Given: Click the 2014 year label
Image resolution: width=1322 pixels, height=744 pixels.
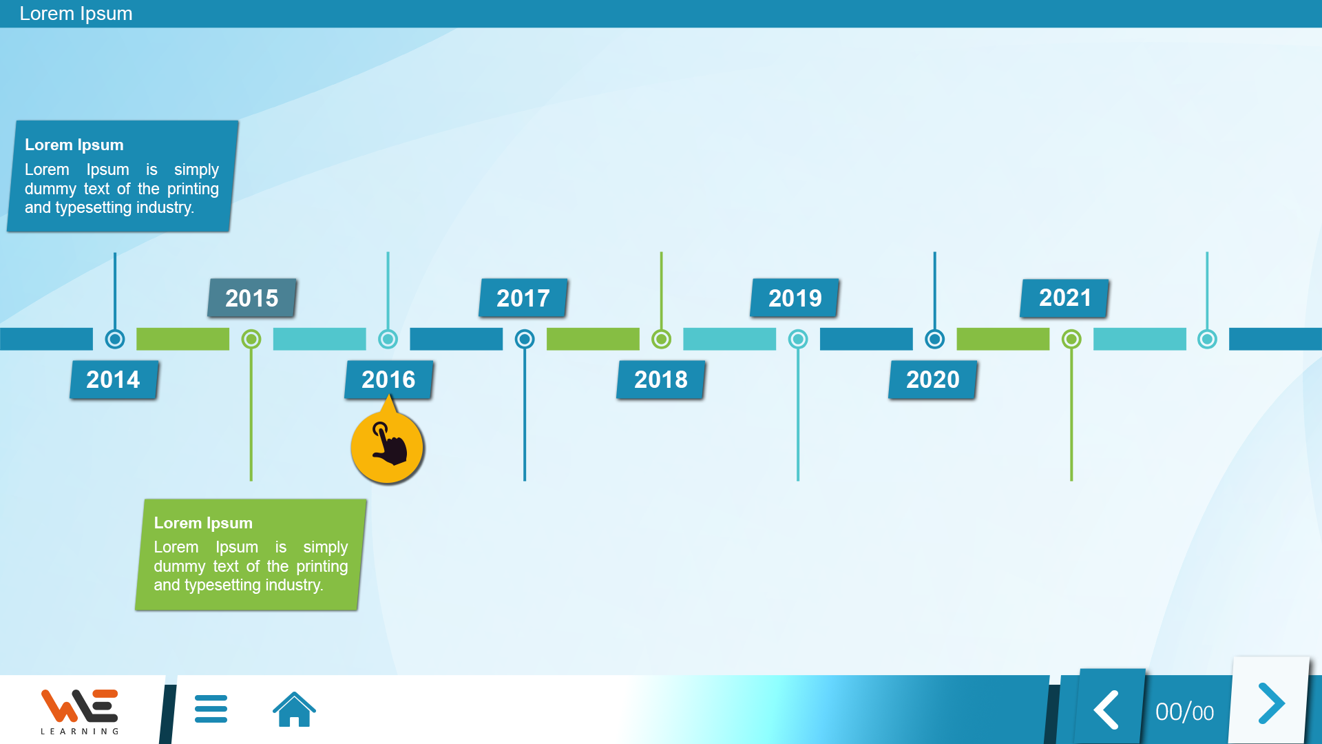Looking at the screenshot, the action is click(x=114, y=380).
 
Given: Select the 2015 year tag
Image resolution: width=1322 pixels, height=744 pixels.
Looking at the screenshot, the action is click(x=252, y=298).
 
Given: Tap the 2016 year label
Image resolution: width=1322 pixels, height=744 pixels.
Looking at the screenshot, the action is click(x=389, y=380).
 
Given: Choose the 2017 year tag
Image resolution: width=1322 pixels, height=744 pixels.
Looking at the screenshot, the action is click(x=523, y=298).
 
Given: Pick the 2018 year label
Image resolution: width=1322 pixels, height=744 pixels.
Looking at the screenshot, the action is click(x=661, y=380).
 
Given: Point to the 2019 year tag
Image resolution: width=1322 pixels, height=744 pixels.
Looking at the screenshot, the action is click(x=795, y=298).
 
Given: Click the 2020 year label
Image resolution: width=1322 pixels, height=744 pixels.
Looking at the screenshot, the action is click(x=933, y=380).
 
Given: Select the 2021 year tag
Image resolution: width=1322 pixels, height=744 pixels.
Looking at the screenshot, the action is click(x=1064, y=298).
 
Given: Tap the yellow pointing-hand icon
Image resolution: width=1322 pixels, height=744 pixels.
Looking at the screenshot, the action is click(x=388, y=446).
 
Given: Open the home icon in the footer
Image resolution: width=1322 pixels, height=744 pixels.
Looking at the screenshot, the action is click(x=294, y=709).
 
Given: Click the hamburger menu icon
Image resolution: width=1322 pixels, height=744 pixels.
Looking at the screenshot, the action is click(x=211, y=709).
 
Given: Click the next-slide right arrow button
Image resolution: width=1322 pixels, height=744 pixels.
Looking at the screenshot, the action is click(x=1270, y=703).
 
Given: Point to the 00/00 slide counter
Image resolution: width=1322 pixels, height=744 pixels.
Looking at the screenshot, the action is click(x=1184, y=712).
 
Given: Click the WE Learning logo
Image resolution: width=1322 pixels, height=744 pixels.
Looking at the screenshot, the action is click(x=80, y=712).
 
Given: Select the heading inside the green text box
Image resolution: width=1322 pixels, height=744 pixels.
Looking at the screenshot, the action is click(x=203, y=523).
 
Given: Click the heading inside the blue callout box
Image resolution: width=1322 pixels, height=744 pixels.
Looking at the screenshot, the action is click(x=74, y=145).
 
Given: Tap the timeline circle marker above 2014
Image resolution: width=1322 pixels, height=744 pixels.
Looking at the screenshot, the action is click(x=115, y=339).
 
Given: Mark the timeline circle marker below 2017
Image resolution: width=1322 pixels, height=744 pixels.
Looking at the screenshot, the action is click(x=525, y=339).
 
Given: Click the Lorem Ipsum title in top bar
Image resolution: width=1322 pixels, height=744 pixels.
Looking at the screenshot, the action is click(x=76, y=14).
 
